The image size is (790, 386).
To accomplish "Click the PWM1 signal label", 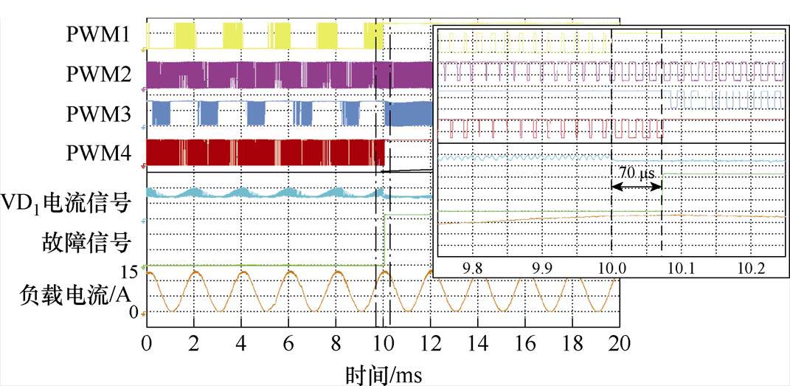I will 99,35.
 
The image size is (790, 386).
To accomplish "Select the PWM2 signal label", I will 99,75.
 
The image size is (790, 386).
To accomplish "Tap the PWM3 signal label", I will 99,114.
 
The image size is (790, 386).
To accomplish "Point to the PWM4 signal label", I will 99,153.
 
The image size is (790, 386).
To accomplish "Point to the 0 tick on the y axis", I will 134,313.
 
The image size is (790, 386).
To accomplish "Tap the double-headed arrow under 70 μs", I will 637,187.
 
